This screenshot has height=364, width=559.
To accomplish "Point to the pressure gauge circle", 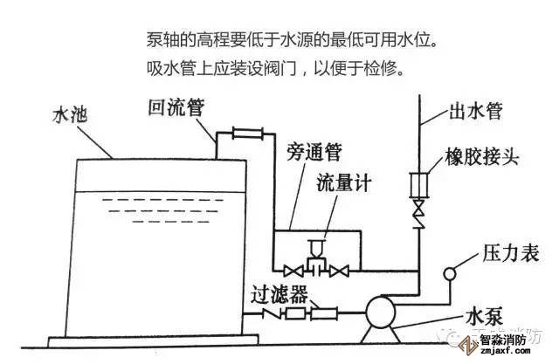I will coord(452,274).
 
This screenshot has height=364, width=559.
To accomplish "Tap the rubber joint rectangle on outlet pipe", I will coord(418,186).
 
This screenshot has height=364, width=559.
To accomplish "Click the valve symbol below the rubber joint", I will coord(418,212).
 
